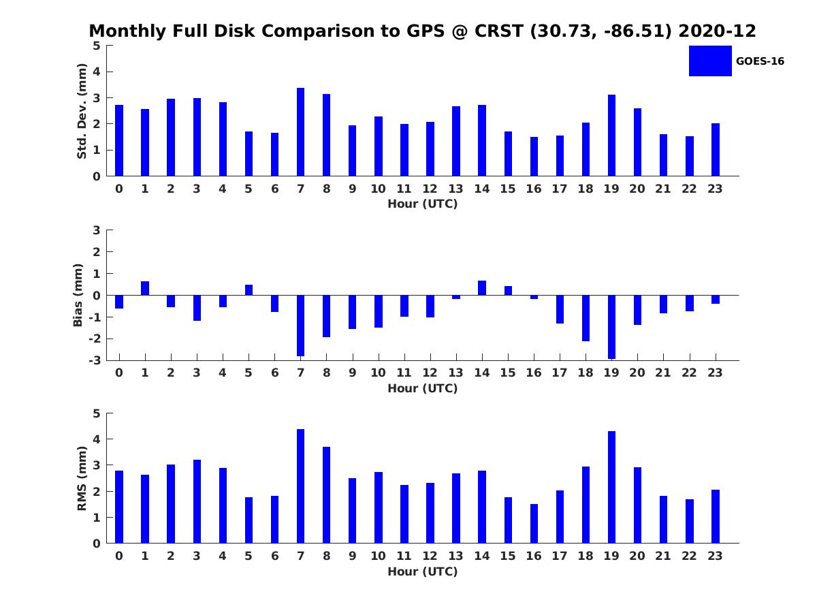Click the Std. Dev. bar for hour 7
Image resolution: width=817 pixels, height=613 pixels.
click(300, 131)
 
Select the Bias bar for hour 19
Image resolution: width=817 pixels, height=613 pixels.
click(611, 327)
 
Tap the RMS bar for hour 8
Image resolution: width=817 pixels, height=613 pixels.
click(326, 495)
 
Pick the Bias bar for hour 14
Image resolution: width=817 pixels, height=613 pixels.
click(482, 287)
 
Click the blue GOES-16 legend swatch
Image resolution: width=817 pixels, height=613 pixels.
click(710, 61)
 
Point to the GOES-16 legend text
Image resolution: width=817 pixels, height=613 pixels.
click(760, 61)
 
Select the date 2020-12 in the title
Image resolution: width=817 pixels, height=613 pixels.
click(717, 31)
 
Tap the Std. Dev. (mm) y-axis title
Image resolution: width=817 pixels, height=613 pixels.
click(82, 111)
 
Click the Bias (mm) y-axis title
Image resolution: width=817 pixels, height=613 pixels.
click(78, 295)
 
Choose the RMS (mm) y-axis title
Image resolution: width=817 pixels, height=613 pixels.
click(82, 478)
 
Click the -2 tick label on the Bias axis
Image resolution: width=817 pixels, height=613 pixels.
click(95, 339)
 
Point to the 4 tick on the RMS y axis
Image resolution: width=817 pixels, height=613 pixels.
click(97, 439)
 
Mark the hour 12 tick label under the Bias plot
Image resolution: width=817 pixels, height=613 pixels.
click(430, 373)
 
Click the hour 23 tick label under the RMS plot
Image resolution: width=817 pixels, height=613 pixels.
click(715, 556)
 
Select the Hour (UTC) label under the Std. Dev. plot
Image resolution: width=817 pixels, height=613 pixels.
click(423, 204)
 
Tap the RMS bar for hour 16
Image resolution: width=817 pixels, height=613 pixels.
click(534, 524)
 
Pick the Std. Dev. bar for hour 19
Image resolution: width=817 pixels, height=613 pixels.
click(611, 136)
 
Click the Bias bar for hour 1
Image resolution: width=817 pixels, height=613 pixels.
click(145, 288)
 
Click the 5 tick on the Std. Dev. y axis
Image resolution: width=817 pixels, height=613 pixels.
click(97, 46)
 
